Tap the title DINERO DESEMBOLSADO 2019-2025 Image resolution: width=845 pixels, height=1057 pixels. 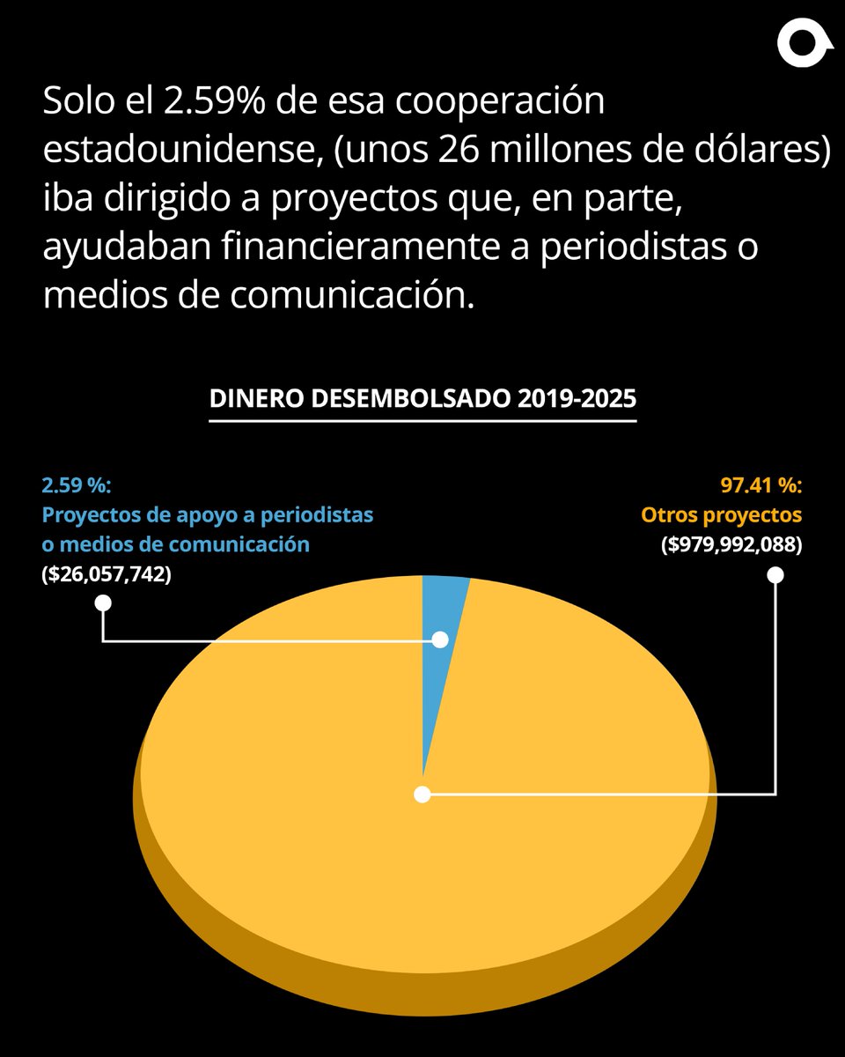click(x=422, y=397)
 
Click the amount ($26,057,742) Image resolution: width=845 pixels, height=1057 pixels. click(x=107, y=574)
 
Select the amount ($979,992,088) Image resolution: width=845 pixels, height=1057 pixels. click(x=731, y=544)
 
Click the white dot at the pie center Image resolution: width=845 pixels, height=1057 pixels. click(x=422, y=795)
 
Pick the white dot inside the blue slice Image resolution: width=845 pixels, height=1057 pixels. click(x=439, y=640)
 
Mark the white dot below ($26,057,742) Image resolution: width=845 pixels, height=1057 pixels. click(x=103, y=603)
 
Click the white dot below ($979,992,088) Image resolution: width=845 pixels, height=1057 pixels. click(x=775, y=575)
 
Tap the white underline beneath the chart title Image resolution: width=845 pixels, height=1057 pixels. click(x=422, y=420)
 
